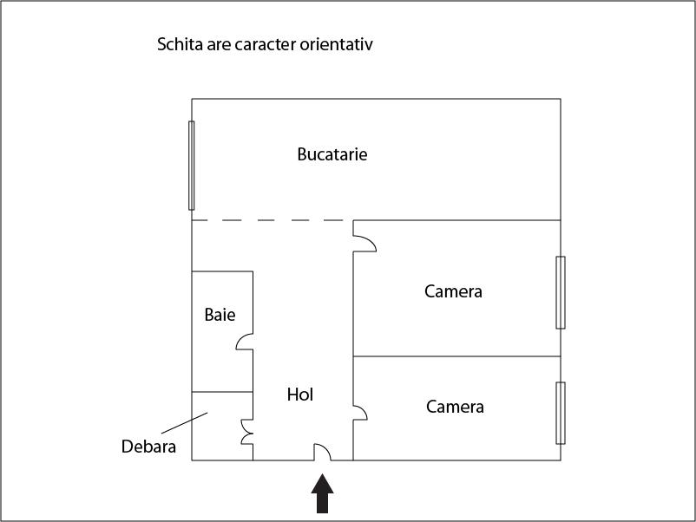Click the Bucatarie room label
332,154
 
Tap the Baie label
220,315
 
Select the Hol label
300,395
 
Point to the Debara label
148,447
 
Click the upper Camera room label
453,291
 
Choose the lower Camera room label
455,407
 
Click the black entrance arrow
322,493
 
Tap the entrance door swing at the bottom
322,452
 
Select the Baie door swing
245,342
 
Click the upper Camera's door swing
364,243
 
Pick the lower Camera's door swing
360,413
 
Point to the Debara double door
246,432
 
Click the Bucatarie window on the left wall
191,166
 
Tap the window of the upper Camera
561,293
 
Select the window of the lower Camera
561,413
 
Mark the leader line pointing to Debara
184,422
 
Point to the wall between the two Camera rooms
456,356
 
